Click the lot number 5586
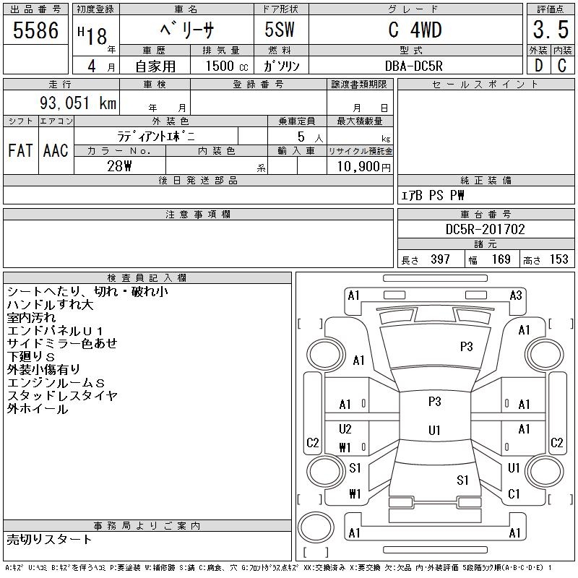[x=36, y=30]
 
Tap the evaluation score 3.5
[x=549, y=30]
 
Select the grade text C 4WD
[x=415, y=30]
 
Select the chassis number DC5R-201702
[x=486, y=229]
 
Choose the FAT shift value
[x=20, y=150]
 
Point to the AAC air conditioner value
[x=56, y=150]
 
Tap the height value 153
[x=558, y=259]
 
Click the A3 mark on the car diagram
[x=516, y=295]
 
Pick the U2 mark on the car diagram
[x=345, y=428]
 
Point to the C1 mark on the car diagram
[x=514, y=494]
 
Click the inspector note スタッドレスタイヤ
[x=62, y=396]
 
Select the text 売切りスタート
[x=50, y=539]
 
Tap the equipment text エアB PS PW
[x=433, y=195]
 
